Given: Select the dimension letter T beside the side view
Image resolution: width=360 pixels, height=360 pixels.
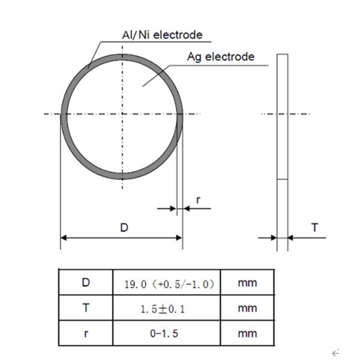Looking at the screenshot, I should [x=314, y=227].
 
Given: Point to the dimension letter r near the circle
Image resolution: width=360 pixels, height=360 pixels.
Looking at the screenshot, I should [x=199, y=199].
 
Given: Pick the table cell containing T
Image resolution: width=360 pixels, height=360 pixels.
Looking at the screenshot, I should [x=86, y=308].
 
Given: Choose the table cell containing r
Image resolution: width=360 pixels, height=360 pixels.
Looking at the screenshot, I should [x=86, y=333].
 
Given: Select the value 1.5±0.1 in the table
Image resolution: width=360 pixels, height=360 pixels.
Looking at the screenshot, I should [x=167, y=308].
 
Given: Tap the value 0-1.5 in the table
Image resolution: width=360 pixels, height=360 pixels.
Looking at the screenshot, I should [x=167, y=334].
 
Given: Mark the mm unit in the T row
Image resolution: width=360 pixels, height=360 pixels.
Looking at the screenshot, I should [x=247, y=308].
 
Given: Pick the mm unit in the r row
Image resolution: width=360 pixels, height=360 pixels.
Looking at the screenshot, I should [x=247, y=334].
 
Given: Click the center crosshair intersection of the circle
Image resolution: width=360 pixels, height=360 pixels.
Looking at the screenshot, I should [x=123, y=113].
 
